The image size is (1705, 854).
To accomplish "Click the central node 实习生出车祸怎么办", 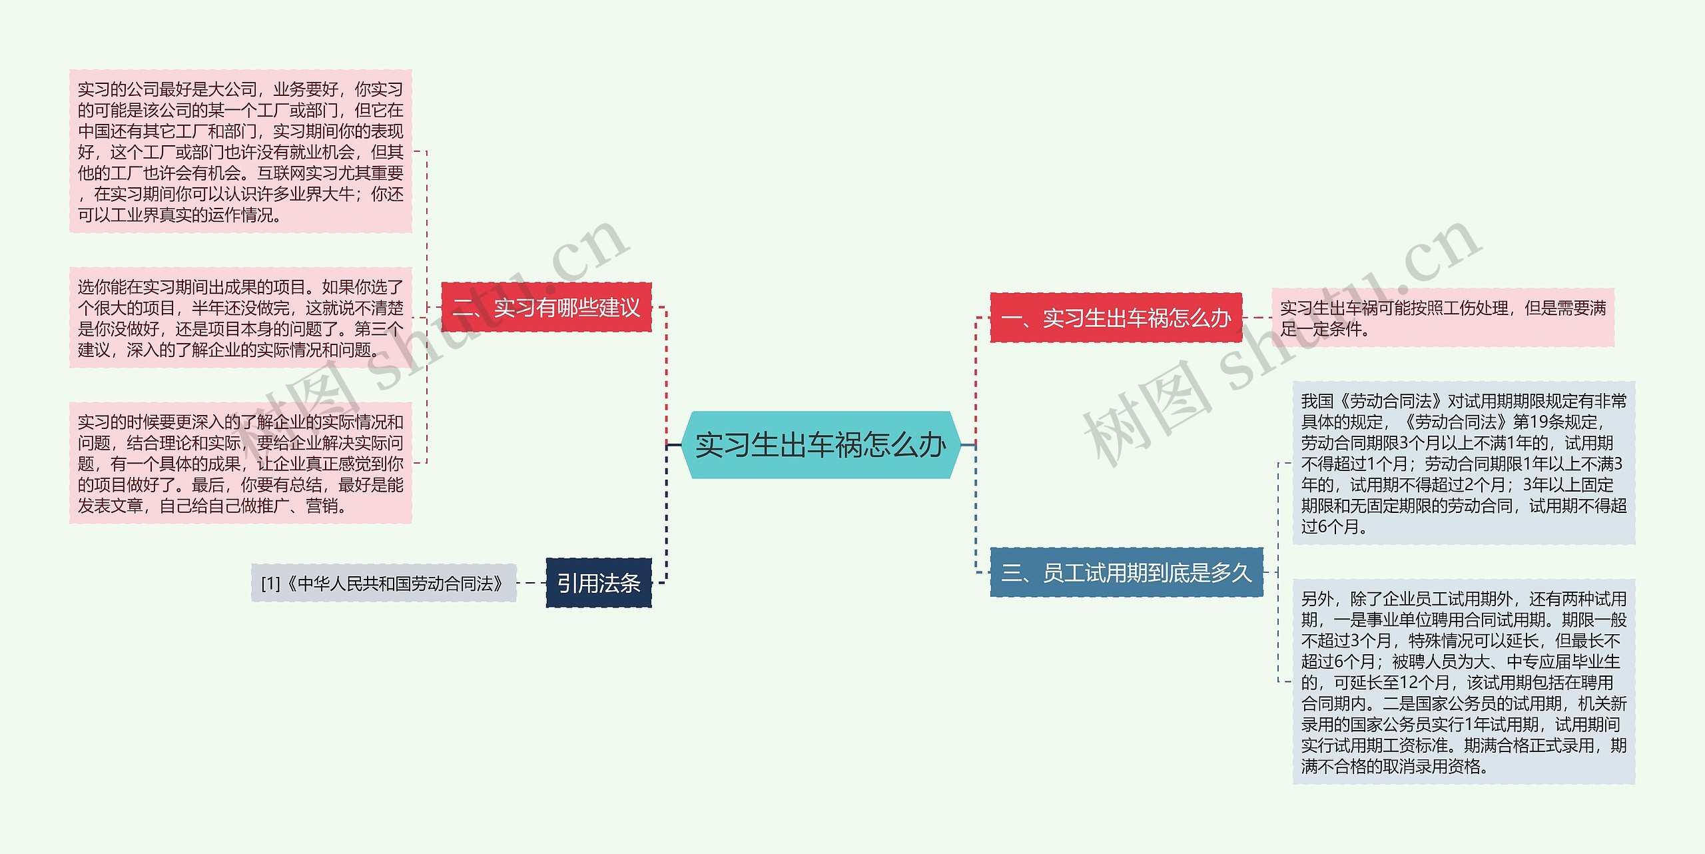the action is coord(821,445).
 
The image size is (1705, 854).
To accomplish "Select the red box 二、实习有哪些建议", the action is coord(546,308).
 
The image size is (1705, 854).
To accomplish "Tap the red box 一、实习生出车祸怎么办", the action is coord(1116,318).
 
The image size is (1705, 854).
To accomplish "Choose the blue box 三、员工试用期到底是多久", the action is coord(1126,572).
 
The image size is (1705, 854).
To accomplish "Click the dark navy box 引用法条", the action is coord(598,583).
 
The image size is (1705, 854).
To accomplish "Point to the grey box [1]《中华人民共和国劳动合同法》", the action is coord(384,584).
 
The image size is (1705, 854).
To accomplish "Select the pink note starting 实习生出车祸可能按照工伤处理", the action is coord(1443,318).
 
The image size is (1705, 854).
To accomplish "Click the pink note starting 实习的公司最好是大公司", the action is coord(240,152).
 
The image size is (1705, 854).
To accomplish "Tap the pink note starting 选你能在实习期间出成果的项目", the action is coord(240,318).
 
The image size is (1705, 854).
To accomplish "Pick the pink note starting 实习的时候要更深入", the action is coord(240,463).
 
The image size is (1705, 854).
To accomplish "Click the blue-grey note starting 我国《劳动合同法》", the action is coord(1463,463).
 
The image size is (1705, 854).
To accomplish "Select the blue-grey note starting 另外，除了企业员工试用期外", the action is coord(1463,682).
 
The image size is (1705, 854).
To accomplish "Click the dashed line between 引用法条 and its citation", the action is coord(531,583).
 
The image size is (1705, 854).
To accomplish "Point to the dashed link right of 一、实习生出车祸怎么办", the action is coord(1257,318).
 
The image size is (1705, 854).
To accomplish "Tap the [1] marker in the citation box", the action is coord(270,584).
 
